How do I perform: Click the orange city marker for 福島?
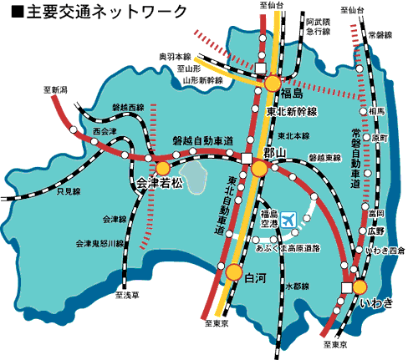[273, 83]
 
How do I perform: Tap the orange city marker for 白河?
[233, 271]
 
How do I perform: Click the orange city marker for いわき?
[360, 286]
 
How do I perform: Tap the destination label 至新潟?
[57, 89]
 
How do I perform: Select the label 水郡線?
[297, 286]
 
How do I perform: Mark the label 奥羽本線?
[176, 57]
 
